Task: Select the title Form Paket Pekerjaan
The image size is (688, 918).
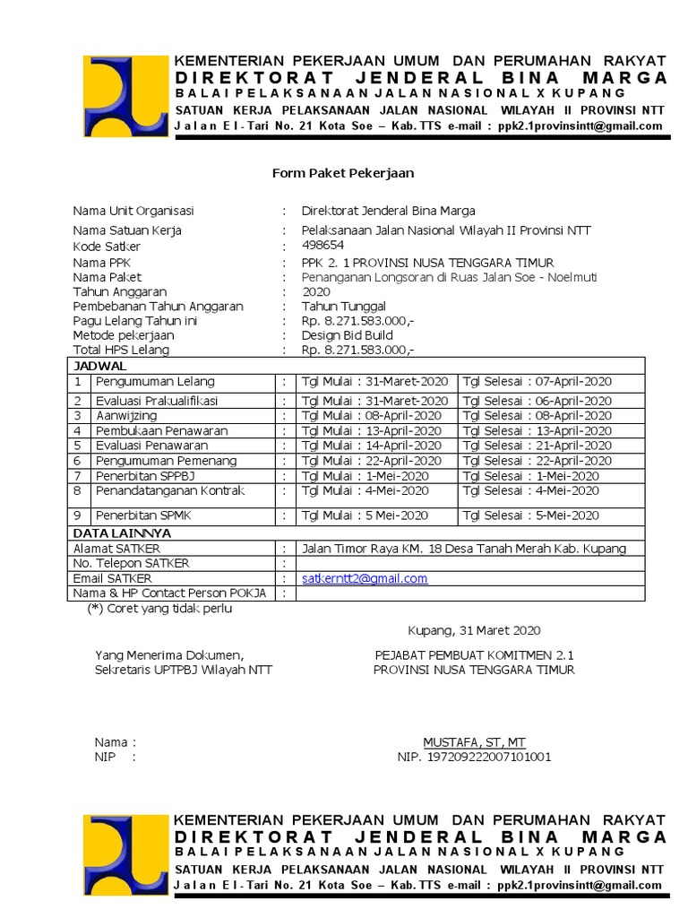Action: [x=343, y=173]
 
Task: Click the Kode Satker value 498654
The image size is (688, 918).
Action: [x=322, y=245]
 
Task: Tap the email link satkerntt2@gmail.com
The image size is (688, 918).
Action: [x=365, y=578]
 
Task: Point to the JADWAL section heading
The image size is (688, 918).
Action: [x=100, y=366]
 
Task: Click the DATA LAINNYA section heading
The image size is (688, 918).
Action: [x=122, y=533]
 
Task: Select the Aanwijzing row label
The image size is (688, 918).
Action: [x=126, y=416]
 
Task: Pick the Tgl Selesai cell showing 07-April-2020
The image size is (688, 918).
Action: [x=536, y=382]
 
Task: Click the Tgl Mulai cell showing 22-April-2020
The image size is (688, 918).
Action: [x=372, y=460]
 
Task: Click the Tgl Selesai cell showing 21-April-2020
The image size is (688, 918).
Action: [x=536, y=446]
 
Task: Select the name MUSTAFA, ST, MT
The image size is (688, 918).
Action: [x=474, y=742]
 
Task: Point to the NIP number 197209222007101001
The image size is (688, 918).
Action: [x=474, y=757]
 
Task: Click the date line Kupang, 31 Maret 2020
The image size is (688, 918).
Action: [x=474, y=630]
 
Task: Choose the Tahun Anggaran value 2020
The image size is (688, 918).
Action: [x=316, y=292]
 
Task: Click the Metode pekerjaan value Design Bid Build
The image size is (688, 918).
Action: [x=347, y=335]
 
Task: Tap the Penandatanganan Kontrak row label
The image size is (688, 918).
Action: [x=170, y=490]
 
